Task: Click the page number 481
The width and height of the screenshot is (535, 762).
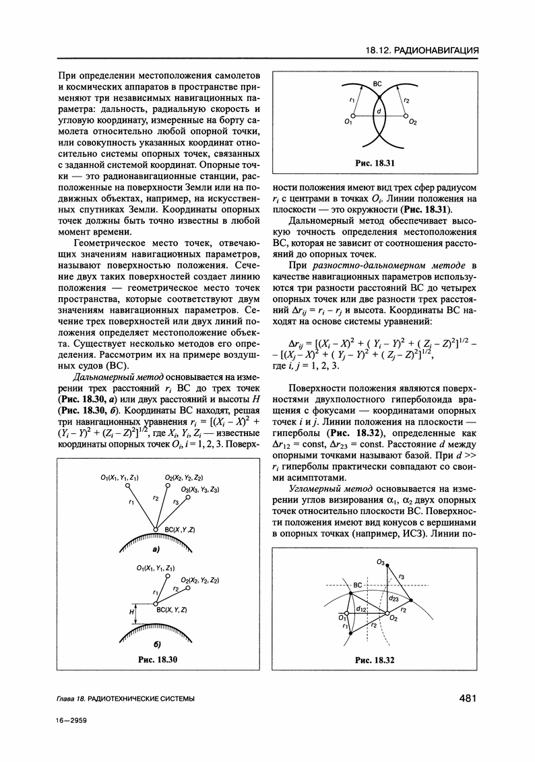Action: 465,699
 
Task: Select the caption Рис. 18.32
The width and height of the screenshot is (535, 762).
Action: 375,661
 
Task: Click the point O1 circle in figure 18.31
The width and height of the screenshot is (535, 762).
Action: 348,116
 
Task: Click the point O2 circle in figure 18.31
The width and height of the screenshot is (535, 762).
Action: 406,116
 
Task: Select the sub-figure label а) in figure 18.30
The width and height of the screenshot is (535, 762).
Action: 156,549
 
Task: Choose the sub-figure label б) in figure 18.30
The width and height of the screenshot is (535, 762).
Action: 156,645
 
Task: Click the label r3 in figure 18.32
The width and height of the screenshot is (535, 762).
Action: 402,577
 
